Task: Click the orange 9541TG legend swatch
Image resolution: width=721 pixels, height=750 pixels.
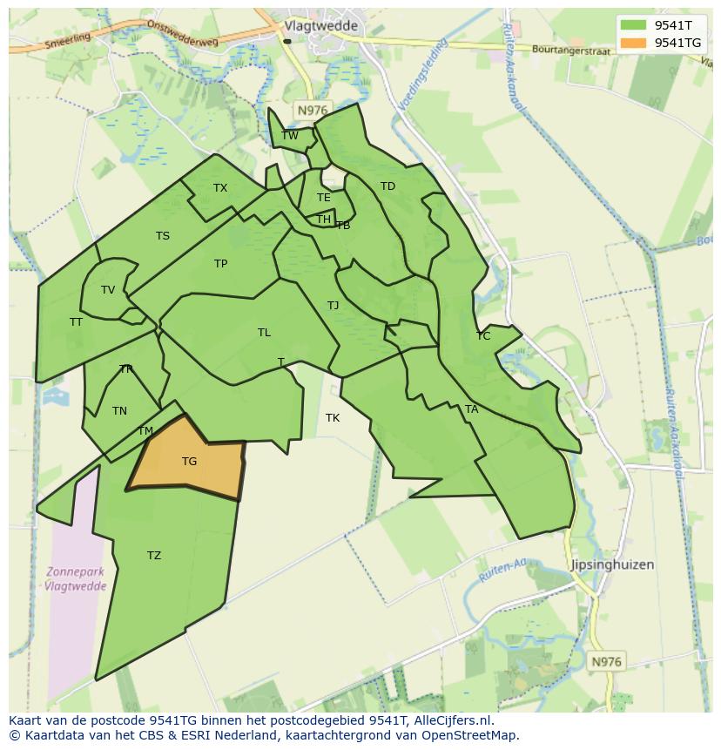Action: (634, 43)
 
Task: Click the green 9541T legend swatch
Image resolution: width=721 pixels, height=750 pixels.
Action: (634, 25)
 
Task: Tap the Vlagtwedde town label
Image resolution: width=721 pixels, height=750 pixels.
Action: (321, 26)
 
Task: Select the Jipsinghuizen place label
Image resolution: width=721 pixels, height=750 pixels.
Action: (612, 564)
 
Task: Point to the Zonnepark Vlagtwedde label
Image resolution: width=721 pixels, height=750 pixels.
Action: (77, 579)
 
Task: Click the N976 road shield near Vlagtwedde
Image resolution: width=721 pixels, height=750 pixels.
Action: (311, 110)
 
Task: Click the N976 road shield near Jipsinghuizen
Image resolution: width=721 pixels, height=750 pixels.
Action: (606, 662)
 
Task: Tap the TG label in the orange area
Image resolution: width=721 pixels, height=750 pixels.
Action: (189, 462)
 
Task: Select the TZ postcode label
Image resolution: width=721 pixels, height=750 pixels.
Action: (154, 556)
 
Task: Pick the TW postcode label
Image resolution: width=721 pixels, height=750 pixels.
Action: (290, 135)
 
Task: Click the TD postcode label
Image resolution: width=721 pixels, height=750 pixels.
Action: (387, 186)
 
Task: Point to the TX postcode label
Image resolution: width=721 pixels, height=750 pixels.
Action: (220, 188)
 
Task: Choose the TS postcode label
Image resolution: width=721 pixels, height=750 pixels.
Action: (163, 236)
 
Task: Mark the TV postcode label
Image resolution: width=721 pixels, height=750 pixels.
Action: (108, 290)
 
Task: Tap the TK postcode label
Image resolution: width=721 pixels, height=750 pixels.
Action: (333, 418)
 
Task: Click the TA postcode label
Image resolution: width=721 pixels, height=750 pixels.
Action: (471, 409)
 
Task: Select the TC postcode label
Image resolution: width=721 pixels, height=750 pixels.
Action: (483, 336)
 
